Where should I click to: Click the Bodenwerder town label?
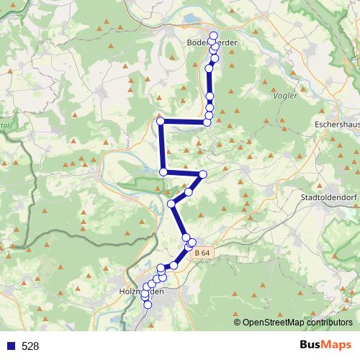(211, 43)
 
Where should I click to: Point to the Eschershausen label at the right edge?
(337, 124)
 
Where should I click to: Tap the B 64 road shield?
(203, 253)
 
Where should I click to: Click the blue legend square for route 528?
(9, 346)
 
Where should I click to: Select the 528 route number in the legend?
(30, 346)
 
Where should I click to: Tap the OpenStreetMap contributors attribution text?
(298, 322)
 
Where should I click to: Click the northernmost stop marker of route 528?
(213, 35)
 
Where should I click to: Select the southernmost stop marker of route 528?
(148, 305)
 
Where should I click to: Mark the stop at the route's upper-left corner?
(161, 121)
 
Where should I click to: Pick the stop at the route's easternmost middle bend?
(203, 174)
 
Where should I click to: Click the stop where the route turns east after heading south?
(163, 171)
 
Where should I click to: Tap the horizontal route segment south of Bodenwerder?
(184, 122)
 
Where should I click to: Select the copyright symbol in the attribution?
(238, 322)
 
